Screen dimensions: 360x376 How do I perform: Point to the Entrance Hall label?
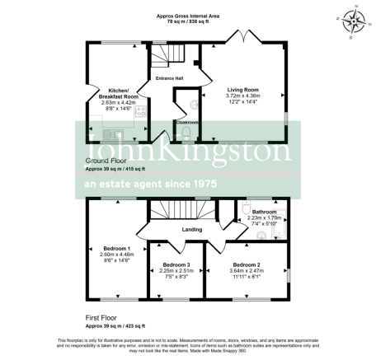170,78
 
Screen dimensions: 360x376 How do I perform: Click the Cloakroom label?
188,121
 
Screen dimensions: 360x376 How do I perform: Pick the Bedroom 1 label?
116,248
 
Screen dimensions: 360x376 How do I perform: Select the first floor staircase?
186,211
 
